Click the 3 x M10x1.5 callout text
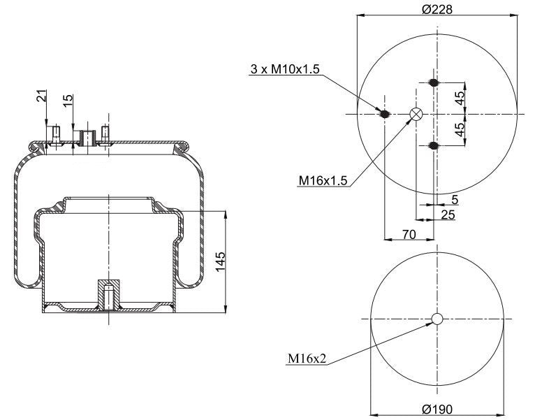click(x=284, y=69)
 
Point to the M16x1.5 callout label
click(x=323, y=181)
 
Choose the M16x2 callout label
click(x=307, y=360)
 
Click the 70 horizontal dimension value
click(x=409, y=235)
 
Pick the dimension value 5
click(x=455, y=199)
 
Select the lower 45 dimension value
click(x=460, y=130)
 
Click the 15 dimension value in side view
click(x=68, y=101)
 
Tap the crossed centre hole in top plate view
click(x=416, y=115)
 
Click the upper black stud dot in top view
click(x=434, y=83)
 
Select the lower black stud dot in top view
click(x=434, y=145)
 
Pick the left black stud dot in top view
click(x=384, y=114)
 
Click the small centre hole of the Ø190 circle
click(x=437, y=319)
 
